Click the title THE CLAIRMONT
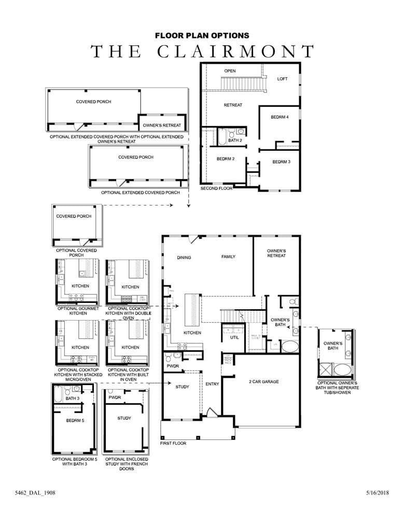[x=202, y=52]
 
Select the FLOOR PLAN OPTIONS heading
[x=202, y=35]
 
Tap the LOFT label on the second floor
[x=282, y=79]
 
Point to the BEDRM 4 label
[x=280, y=117]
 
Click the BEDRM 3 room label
[x=281, y=162]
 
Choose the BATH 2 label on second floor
[x=235, y=141]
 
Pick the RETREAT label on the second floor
[x=233, y=105]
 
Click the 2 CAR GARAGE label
[x=263, y=382]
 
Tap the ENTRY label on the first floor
[x=212, y=384]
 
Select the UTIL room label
[x=234, y=338]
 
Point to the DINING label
[x=184, y=257]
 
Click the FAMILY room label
[x=229, y=257]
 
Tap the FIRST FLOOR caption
[x=173, y=444]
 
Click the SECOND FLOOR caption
[x=216, y=189]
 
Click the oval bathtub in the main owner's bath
[x=290, y=347]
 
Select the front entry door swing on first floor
[x=212, y=412]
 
